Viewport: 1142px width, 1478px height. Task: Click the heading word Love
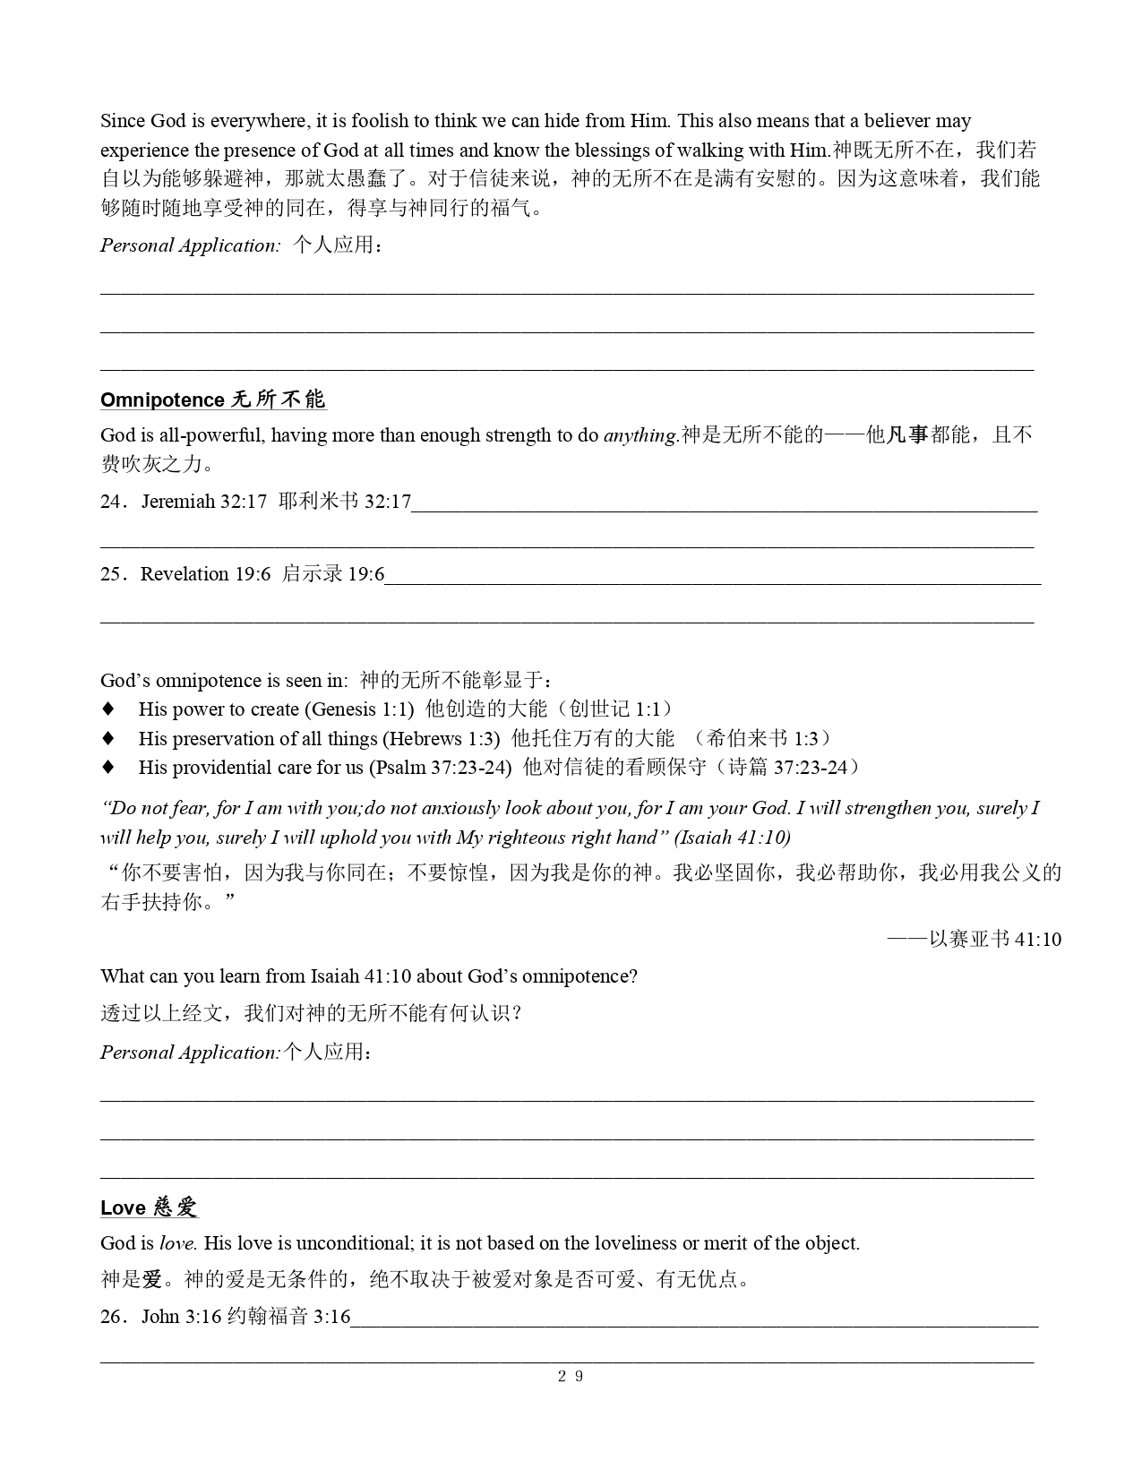pos(123,1207)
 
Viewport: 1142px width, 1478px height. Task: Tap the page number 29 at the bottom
pos(571,1377)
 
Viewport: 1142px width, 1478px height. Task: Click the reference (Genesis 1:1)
pos(359,709)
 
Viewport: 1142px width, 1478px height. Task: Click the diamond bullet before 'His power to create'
pos(108,709)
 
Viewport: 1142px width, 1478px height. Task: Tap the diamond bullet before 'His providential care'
pos(108,767)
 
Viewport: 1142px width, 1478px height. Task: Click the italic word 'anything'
pos(640,435)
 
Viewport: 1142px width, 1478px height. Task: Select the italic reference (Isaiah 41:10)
pos(732,838)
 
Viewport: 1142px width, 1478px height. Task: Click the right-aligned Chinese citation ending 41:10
pos(975,939)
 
